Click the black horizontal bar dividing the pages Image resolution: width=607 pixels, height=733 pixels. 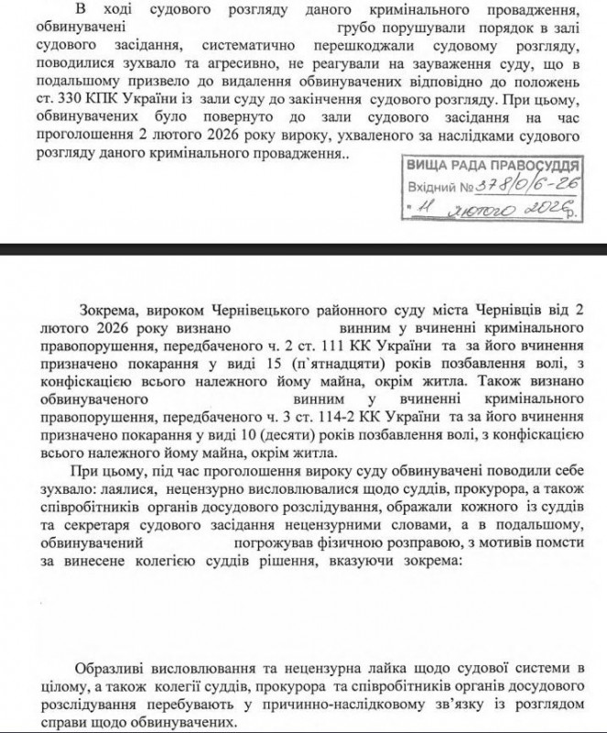tap(303, 248)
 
